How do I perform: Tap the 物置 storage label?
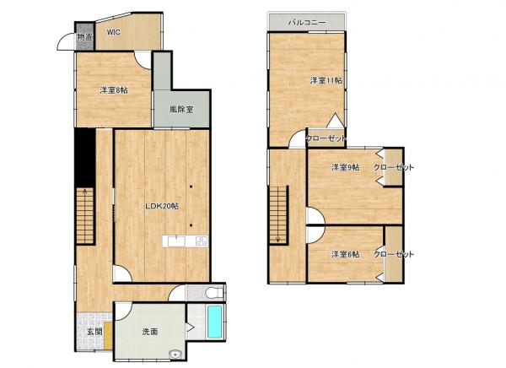click(x=85, y=37)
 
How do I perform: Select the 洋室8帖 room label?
click(x=114, y=89)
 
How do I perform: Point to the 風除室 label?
click(x=180, y=110)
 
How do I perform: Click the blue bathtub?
click(x=215, y=322)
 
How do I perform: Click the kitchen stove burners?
click(x=202, y=242)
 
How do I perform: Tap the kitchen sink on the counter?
click(x=175, y=242)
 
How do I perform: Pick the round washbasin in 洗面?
click(x=175, y=354)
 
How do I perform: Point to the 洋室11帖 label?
click(x=325, y=81)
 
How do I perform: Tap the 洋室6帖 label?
click(x=345, y=254)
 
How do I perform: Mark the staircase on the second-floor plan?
click(x=279, y=215)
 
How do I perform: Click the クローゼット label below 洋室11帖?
click(x=326, y=138)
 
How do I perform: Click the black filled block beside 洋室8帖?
click(x=83, y=156)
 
